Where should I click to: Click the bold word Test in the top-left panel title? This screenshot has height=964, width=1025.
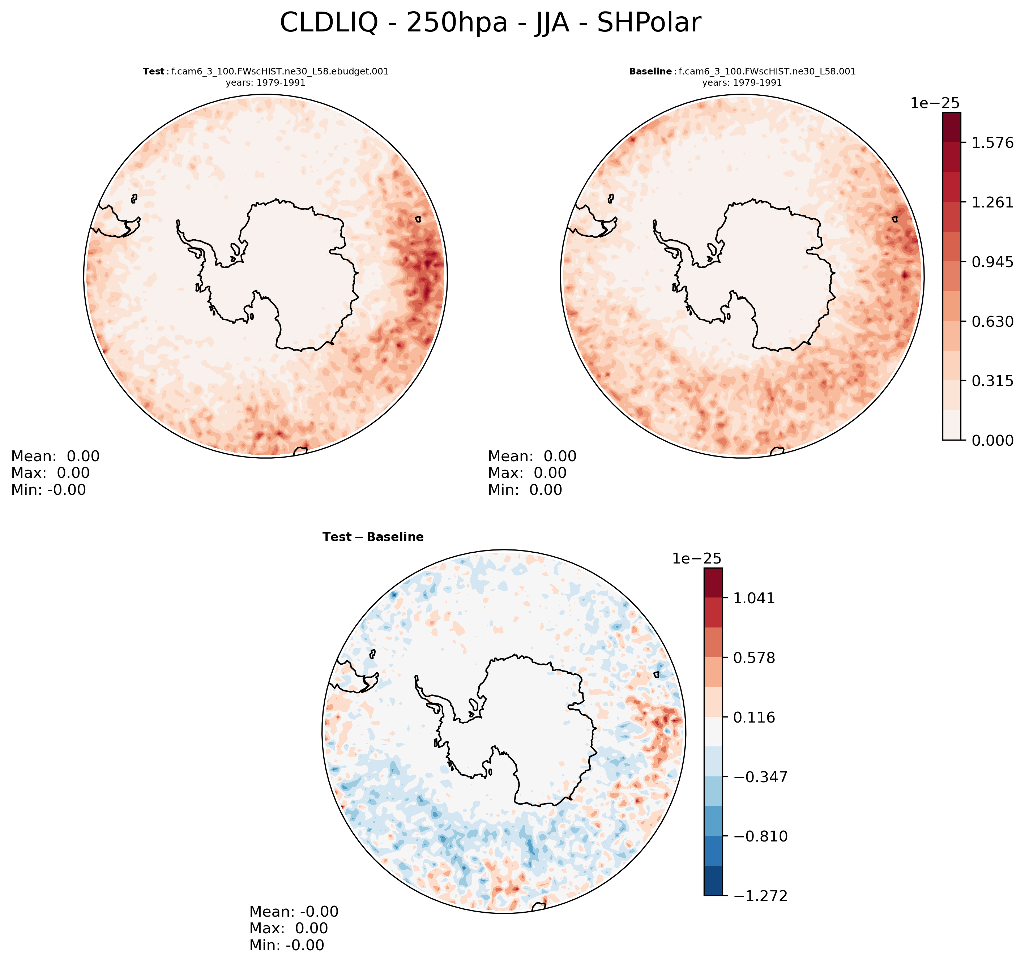153,72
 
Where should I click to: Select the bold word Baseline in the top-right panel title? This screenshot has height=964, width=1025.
650,72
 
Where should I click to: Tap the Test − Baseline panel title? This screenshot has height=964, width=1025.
373,537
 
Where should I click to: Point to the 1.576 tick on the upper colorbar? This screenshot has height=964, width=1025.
992,143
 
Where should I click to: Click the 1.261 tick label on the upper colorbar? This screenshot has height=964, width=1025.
992,202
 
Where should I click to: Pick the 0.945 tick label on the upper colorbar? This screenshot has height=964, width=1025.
992,262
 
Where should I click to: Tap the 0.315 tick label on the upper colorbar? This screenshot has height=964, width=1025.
992,381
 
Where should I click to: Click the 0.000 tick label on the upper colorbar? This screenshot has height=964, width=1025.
992,440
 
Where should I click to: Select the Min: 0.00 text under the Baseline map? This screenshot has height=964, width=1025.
525,490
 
